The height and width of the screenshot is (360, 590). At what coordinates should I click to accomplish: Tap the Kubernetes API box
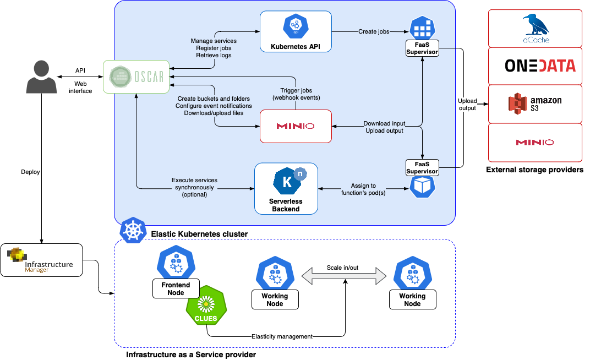pyautogui.click(x=296, y=31)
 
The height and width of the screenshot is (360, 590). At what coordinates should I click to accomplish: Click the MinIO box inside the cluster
pyautogui.click(x=296, y=126)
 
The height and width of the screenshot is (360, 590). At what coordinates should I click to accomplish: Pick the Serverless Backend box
pyautogui.click(x=286, y=188)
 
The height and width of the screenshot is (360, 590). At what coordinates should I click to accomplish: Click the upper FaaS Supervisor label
pyautogui.click(x=422, y=48)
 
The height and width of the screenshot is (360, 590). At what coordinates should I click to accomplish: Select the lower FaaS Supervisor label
pyautogui.click(x=422, y=167)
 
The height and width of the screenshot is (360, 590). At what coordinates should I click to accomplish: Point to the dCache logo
pyautogui.click(x=535, y=28)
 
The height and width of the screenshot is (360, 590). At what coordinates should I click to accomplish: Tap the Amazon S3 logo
pyautogui.click(x=535, y=103)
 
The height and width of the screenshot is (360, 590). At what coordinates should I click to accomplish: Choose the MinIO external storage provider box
pyautogui.click(x=535, y=142)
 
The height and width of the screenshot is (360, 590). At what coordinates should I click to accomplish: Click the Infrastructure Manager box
pyautogui.click(x=41, y=259)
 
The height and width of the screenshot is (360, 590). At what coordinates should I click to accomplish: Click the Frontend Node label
pyautogui.click(x=176, y=288)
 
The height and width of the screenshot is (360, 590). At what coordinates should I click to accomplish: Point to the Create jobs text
pyautogui.click(x=374, y=31)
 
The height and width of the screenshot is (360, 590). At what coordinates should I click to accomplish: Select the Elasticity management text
pyautogui.click(x=282, y=336)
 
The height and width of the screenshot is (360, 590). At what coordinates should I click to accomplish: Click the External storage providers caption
pyautogui.click(x=534, y=170)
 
